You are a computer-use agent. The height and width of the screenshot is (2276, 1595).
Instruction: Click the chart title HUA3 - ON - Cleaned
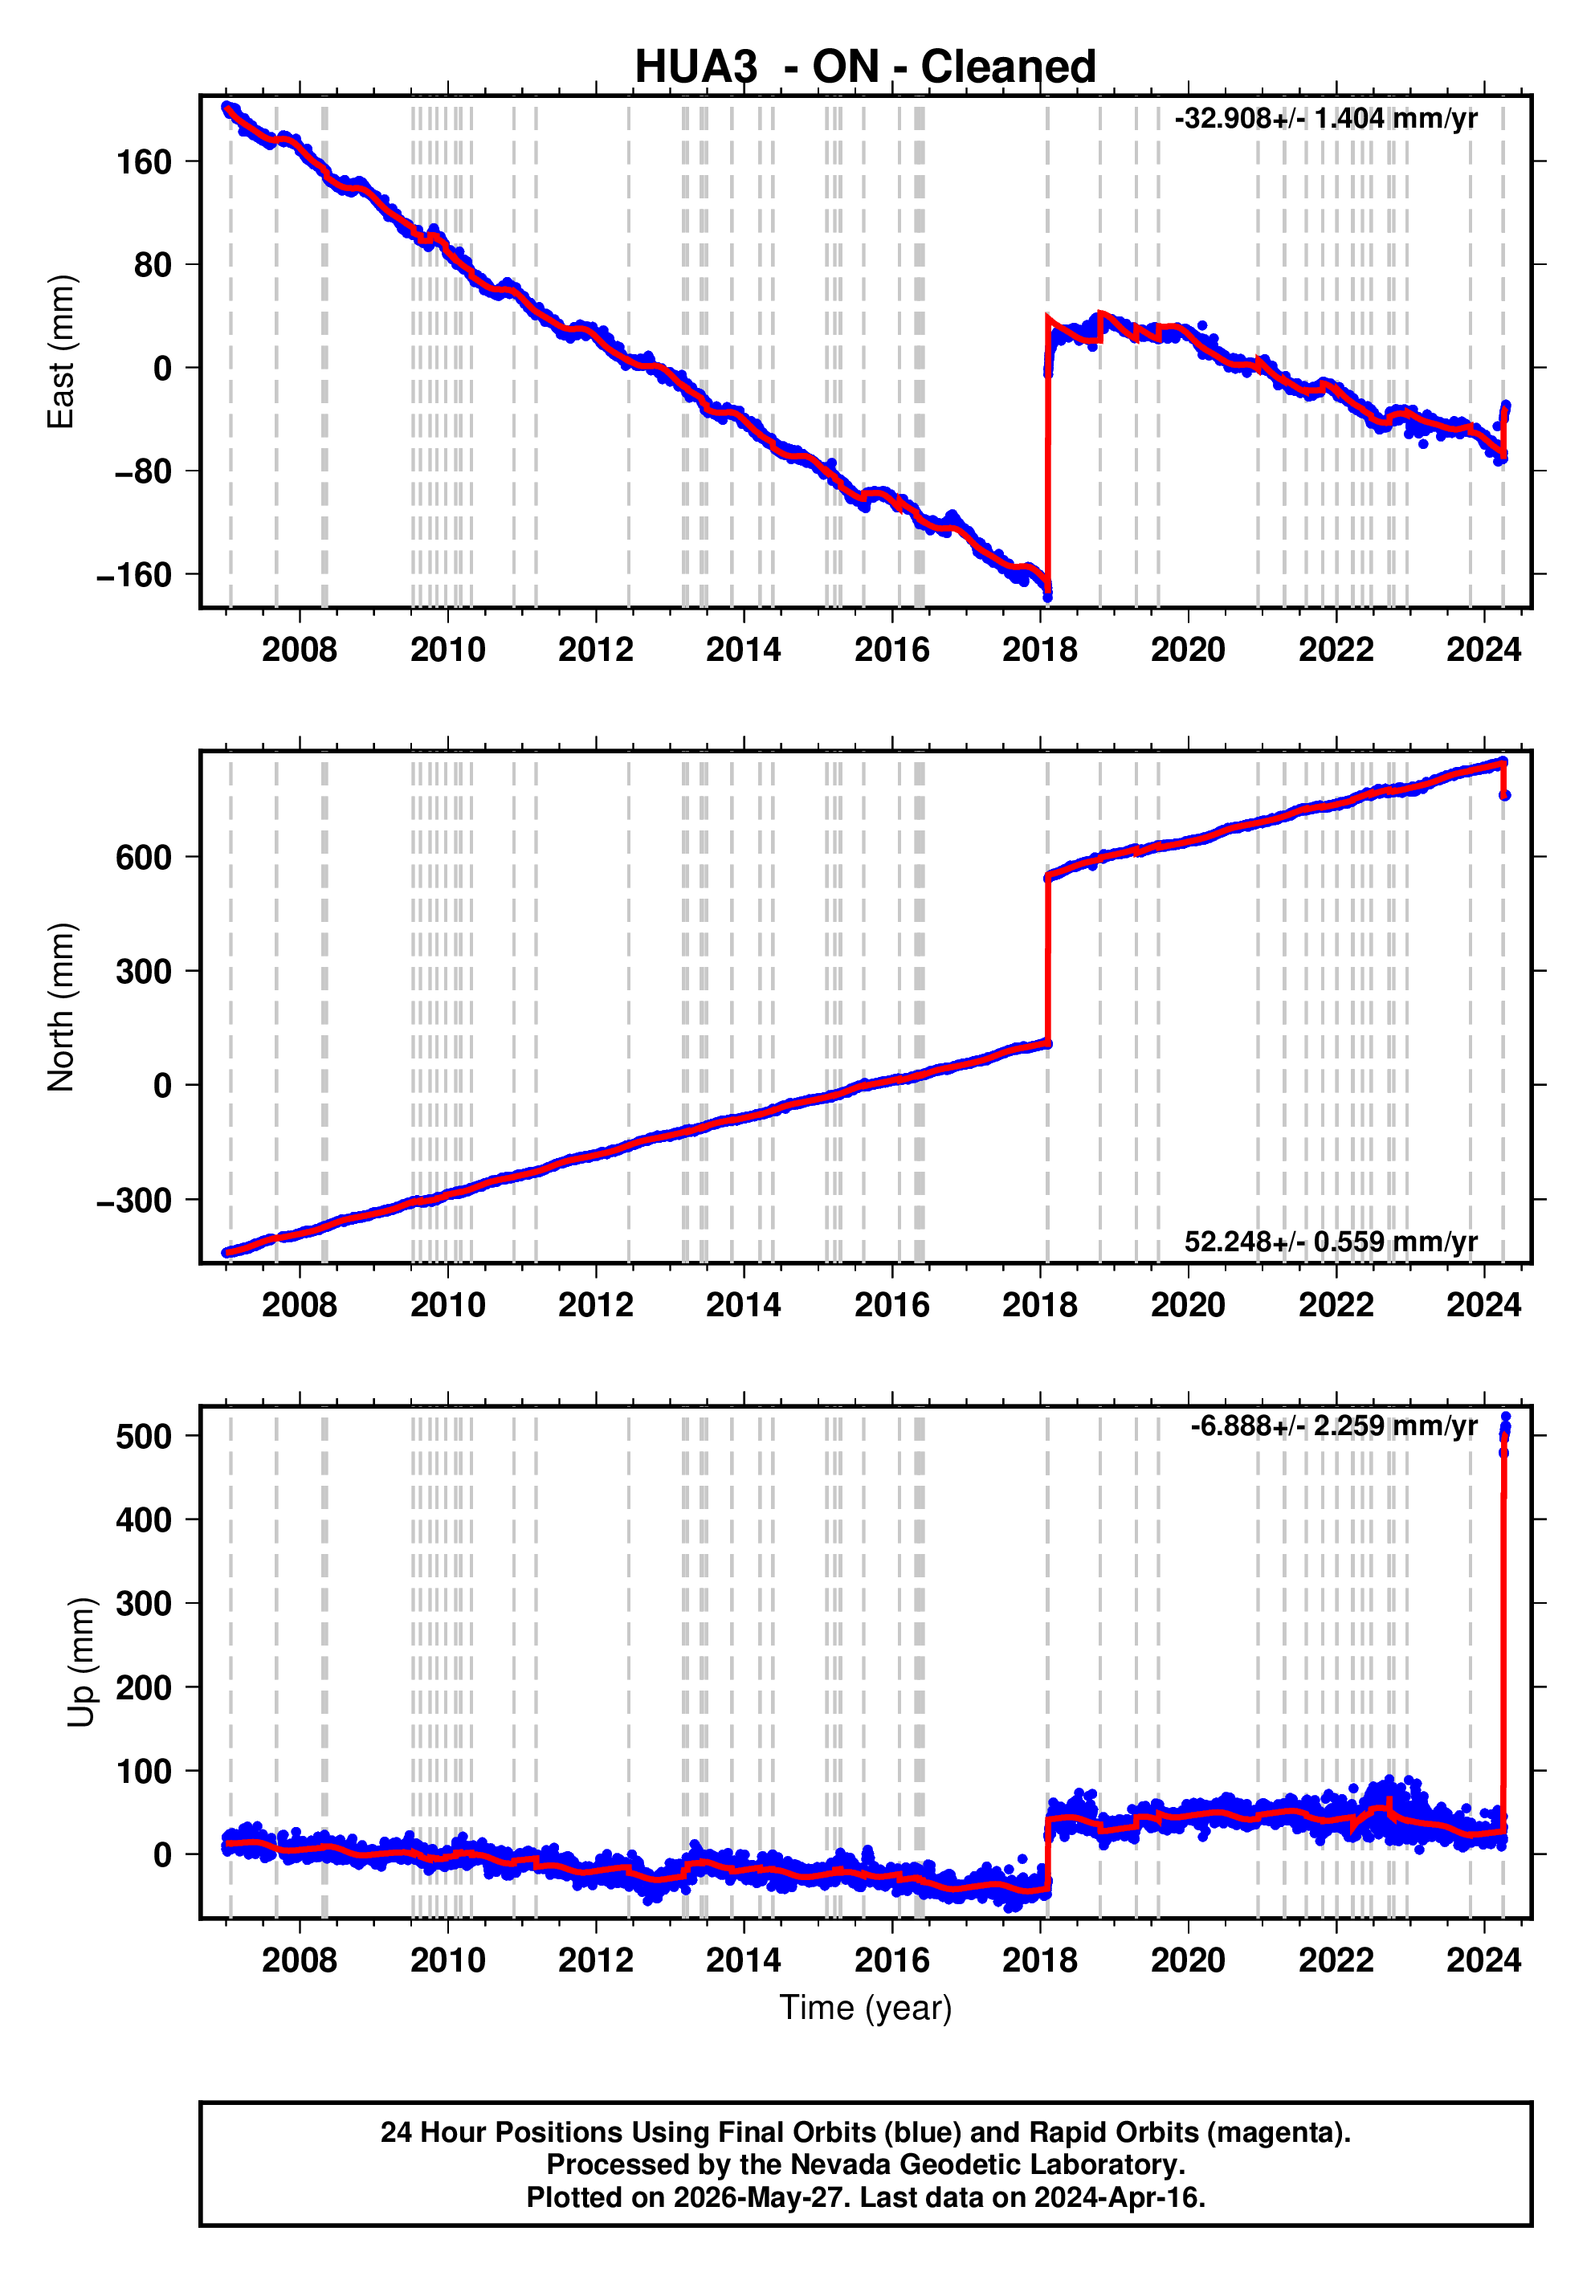click(x=866, y=67)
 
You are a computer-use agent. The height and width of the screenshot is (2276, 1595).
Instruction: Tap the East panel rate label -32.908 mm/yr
click(x=1325, y=119)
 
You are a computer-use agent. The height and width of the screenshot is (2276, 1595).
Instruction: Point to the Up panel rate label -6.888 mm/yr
click(x=1333, y=1426)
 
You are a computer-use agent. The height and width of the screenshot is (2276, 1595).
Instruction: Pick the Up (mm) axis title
click(x=81, y=1662)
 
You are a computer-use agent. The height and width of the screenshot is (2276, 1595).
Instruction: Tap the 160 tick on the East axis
click(x=145, y=161)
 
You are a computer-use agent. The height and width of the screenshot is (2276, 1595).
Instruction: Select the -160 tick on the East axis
click(x=135, y=575)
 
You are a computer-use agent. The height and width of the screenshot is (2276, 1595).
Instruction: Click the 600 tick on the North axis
click(x=145, y=858)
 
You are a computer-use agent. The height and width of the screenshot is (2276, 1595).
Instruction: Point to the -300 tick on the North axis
click(x=135, y=1201)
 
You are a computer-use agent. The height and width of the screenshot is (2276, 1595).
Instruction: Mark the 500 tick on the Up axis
click(x=145, y=1437)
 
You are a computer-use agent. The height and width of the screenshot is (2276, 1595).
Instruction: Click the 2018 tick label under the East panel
click(x=1040, y=651)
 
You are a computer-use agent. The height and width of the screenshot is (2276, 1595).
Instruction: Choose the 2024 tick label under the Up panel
click(x=1484, y=1960)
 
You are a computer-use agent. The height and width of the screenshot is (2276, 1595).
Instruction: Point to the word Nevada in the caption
click(x=836, y=2165)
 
